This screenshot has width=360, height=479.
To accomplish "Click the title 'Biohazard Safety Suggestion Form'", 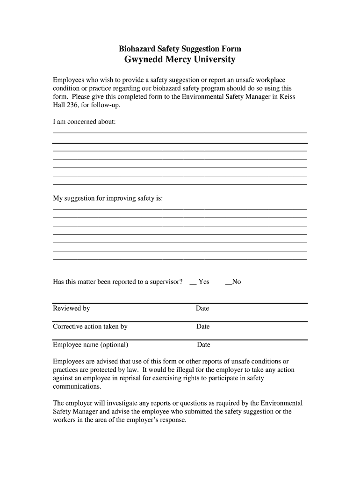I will coord(180,49).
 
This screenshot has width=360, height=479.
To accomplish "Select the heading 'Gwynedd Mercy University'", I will coord(180,60).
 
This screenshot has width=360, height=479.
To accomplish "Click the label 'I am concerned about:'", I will coord(84,122).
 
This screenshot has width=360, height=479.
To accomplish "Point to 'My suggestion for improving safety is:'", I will coord(108,198).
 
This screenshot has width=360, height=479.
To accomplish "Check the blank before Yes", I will coord(193,282).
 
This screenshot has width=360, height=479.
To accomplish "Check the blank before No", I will coord(229,282).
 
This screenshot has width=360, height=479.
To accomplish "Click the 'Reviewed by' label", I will coord(72,308).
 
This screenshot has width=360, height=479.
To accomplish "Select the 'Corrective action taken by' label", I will coord(90,327).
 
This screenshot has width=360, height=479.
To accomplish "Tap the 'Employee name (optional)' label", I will coord(91,345).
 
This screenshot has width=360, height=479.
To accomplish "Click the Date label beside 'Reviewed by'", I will coord(202,308).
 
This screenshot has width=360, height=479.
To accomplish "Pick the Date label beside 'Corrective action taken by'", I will coord(203,327).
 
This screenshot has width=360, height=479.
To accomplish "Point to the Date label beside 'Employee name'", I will coord(203,345).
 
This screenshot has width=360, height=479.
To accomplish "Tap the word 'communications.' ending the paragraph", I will coord(77,387).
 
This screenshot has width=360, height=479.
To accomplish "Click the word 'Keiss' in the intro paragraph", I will coord(286,97).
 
